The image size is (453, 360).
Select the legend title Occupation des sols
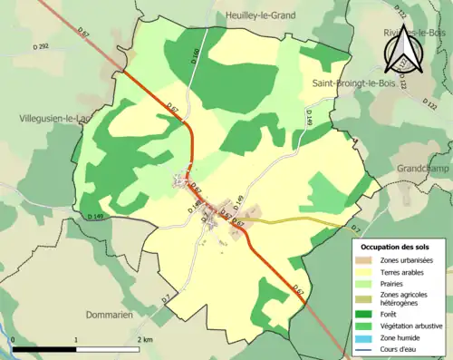[395, 246]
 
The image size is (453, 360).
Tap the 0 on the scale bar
[14, 339]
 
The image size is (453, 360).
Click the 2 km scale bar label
[145, 339]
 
